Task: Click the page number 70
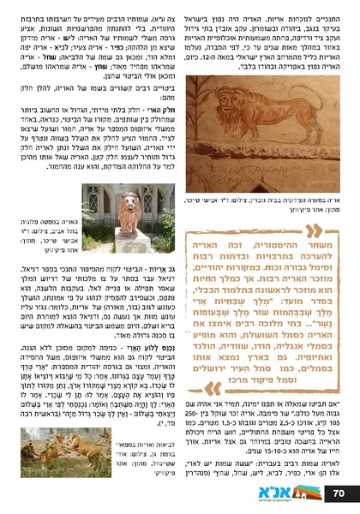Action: click(339, 493)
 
